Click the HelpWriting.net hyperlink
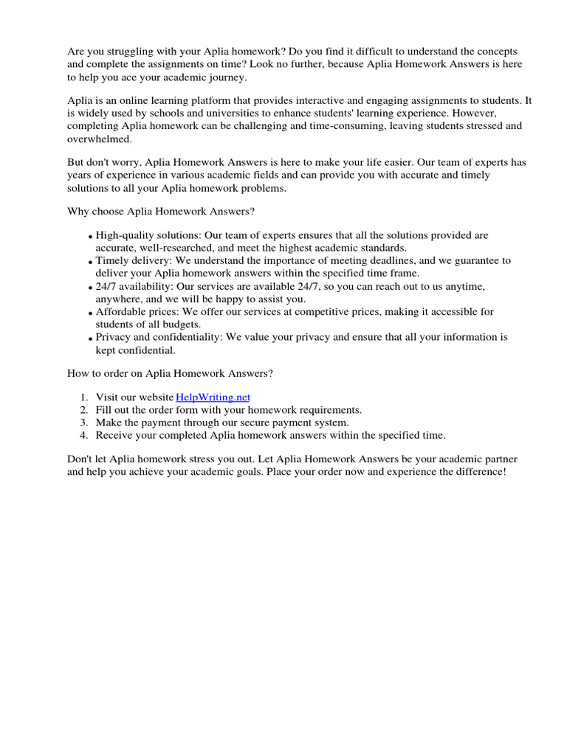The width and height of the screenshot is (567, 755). [x=213, y=397]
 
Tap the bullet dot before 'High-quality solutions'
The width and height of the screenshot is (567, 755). [x=91, y=237]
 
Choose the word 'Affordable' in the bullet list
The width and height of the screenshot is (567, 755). [x=119, y=312]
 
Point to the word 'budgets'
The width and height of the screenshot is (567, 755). [x=180, y=324]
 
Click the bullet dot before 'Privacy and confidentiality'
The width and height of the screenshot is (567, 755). [x=91, y=338]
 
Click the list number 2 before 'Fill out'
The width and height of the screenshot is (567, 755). [x=83, y=410]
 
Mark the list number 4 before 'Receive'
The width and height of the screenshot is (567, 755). [x=83, y=435]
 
